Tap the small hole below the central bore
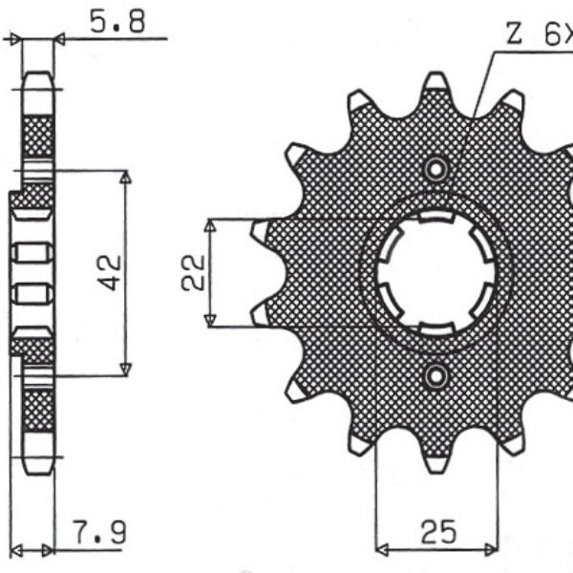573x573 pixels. (437, 374)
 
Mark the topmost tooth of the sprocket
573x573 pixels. (436, 83)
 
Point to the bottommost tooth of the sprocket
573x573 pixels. (436, 462)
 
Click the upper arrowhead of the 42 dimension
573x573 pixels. (124, 178)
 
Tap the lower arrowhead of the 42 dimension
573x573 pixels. (124, 370)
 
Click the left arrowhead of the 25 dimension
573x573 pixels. (382, 550)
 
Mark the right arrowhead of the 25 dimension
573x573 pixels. (491, 550)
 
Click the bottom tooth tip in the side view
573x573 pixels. (38, 468)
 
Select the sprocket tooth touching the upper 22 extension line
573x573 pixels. (260, 230)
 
